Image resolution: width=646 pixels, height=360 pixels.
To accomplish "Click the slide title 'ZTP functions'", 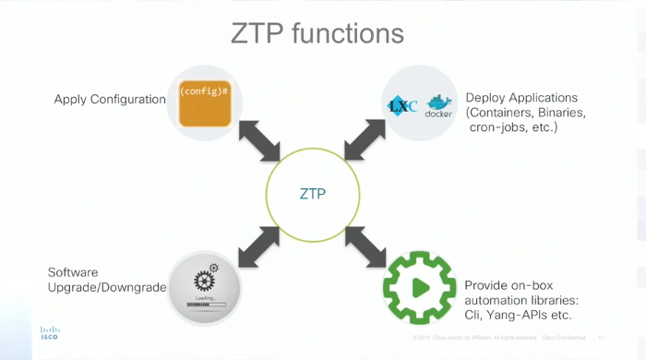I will (317, 34).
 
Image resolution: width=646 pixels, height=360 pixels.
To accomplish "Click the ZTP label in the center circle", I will (313, 194).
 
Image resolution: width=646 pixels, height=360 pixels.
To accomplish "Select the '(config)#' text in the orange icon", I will (204, 92).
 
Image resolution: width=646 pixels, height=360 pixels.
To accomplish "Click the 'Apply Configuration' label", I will (109, 100).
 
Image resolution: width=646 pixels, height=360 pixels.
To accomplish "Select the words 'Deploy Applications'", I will (521, 98).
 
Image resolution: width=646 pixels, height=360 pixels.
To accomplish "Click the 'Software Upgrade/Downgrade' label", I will (106, 280).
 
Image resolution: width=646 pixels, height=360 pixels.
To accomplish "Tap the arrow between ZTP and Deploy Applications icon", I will (366, 141).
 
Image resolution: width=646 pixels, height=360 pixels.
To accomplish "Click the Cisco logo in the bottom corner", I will (49, 333).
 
